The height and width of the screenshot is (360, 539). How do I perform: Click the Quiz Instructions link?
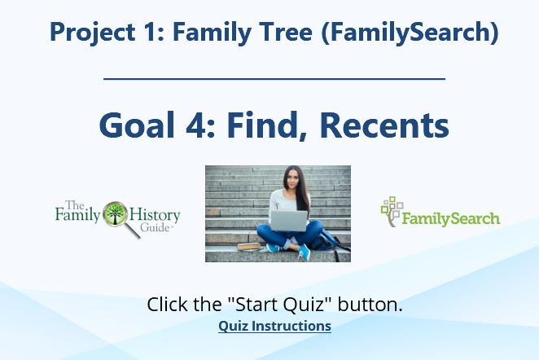[274, 326]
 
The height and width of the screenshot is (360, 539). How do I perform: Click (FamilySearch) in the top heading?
[410, 33]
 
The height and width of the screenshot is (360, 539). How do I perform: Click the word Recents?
[384, 125]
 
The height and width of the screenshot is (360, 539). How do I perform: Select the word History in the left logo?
[155, 216]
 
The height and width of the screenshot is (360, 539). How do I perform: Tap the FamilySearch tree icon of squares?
[392, 211]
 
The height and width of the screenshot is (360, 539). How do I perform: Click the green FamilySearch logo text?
[450, 218]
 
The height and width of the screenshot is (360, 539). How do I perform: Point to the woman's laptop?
[289, 221]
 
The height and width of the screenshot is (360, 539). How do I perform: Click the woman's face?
[291, 178]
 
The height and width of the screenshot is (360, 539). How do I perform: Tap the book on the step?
[249, 246]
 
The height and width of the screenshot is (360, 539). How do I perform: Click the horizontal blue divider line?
[274, 79]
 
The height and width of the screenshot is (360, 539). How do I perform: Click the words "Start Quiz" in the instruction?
[278, 305]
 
